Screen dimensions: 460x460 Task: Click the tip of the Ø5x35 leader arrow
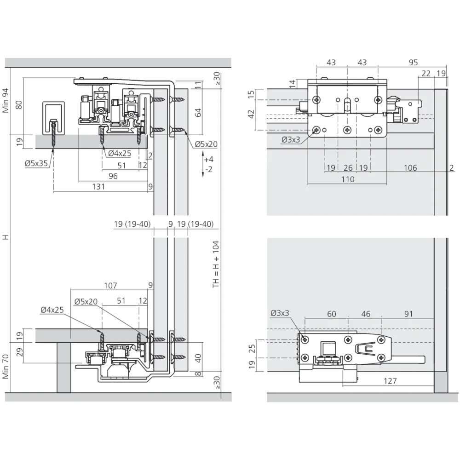[x=53, y=148]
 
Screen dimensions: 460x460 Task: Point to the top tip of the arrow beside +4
[x=203, y=151]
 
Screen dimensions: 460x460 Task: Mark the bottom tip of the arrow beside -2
[x=203, y=177]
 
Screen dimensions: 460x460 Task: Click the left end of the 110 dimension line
[x=308, y=184]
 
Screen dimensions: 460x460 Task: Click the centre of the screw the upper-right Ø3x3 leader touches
[x=316, y=130]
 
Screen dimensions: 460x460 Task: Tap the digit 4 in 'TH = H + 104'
[x=216, y=243]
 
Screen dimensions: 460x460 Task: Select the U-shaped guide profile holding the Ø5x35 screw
[x=53, y=118]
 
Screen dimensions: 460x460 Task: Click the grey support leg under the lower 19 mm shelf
[x=63, y=367]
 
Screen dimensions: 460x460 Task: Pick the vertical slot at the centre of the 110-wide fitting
[x=347, y=104]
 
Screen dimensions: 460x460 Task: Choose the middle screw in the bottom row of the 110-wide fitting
[x=347, y=130]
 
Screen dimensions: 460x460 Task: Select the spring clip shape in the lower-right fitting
[x=366, y=349]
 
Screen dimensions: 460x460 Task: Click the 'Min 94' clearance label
[x=6, y=100]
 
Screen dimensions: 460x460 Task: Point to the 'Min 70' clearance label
[x=6, y=367]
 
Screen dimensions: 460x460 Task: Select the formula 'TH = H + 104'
[x=216, y=264]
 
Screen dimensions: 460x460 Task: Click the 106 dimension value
[x=410, y=168]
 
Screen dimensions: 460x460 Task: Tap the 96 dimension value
[x=113, y=176]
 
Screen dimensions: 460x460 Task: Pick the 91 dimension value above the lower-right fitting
[x=408, y=314]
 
